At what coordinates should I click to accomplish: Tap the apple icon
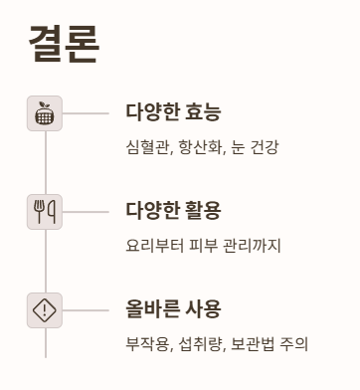click(x=45, y=113)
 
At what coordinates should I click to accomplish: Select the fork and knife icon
click(x=45, y=211)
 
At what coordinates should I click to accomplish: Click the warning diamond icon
click(x=45, y=310)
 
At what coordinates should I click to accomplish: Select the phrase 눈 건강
click(x=255, y=147)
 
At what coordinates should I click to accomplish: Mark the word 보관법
click(x=255, y=344)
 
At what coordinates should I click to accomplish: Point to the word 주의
click(x=295, y=344)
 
